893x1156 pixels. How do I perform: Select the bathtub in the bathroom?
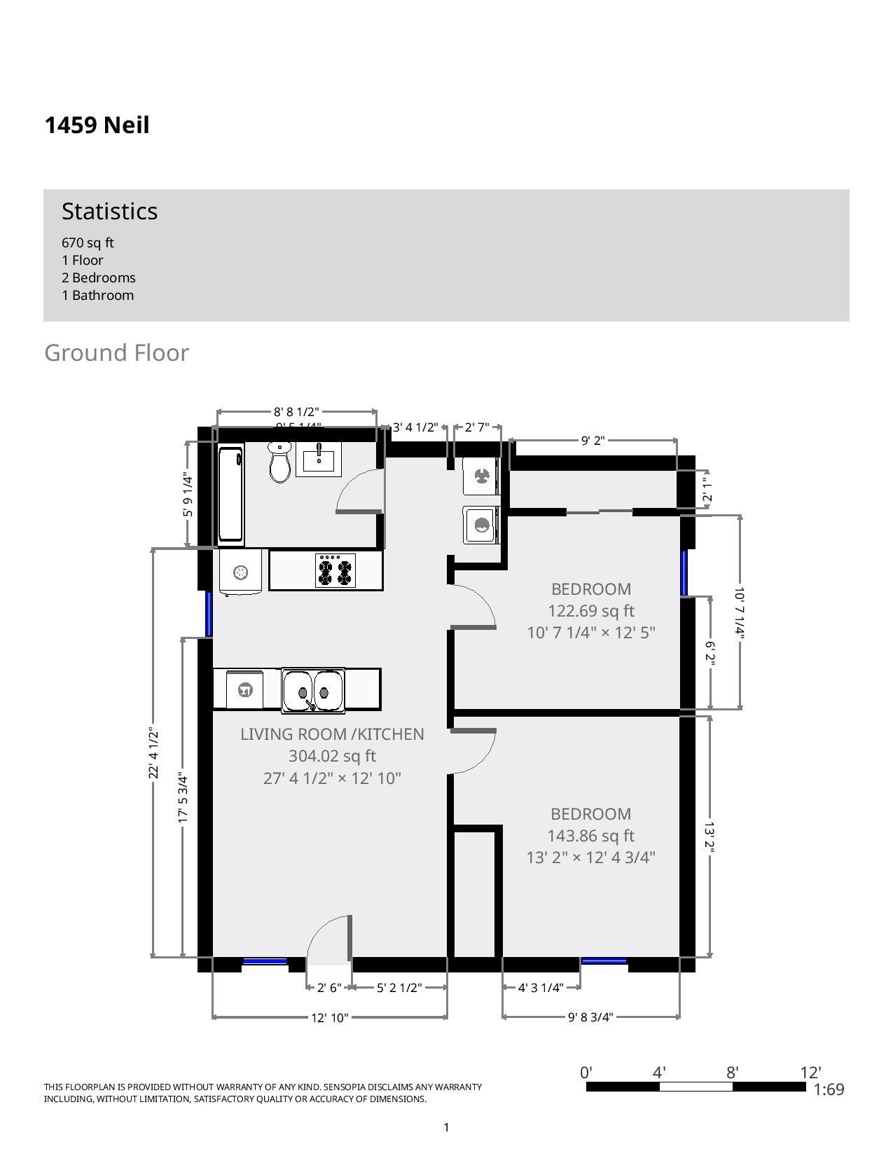(230, 494)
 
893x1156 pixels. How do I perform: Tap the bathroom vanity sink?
(319, 460)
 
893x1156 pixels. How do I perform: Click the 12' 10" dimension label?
(330, 1017)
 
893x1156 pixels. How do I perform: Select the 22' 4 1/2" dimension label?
(153, 754)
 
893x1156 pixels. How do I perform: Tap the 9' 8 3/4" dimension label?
(590, 1017)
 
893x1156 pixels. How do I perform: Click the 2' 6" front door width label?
(329, 988)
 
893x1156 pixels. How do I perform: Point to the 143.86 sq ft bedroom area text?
(590, 836)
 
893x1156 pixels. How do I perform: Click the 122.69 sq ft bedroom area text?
(591, 611)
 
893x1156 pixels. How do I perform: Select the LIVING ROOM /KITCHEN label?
(332, 734)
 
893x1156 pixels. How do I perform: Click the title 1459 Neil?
(97, 125)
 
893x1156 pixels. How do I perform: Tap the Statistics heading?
(109, 212)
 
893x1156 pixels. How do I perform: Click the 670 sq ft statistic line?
(88, 243)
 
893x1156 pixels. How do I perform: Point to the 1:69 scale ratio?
(829, 1089)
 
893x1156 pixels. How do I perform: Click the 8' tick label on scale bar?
(732, 1073)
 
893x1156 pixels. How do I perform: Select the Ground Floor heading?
(116, 353)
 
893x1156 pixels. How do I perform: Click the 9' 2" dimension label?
(593, 441)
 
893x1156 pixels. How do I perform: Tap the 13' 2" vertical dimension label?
(709, 838)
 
